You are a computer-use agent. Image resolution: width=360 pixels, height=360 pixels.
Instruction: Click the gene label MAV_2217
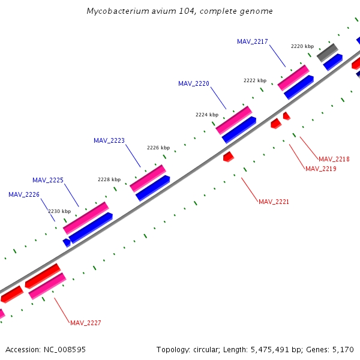(x=252, y=41)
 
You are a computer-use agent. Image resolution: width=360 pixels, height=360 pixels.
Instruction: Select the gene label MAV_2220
(x=193, y=83)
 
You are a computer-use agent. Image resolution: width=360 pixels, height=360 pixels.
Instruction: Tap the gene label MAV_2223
(x=109, y=140)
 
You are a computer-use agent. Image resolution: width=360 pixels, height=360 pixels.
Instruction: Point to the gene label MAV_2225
(x=47, y=180)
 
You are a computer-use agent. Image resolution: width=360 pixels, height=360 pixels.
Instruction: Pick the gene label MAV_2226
(x=23, y=194)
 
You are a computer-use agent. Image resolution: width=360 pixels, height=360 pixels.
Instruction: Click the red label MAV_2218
(x=334, y=159)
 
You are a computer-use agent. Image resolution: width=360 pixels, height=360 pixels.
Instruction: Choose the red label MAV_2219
(x=320, y=169)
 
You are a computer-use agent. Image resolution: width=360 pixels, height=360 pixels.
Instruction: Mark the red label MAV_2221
(x=274, y=202)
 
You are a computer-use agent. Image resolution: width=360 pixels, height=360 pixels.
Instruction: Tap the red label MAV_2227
(x=85, y=323)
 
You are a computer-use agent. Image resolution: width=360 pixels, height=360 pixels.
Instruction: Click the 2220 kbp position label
(x=302, y=46)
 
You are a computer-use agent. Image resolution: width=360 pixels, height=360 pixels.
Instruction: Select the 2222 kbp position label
(x=254, y=80)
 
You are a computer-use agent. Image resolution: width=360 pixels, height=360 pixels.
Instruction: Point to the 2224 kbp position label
(x=206, y=115)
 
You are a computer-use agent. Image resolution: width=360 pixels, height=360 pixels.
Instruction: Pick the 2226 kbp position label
(x=158, y=147)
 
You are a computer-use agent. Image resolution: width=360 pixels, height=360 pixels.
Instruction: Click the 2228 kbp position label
(x=109, y=179)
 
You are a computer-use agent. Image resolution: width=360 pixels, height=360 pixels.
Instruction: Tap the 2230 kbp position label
(x=59, y=211)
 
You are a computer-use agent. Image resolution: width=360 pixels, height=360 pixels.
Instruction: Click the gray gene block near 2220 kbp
(x=327, y=52)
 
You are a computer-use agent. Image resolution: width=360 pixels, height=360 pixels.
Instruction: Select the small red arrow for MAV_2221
(x=228, y=157)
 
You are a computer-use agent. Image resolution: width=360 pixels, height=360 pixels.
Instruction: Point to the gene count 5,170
(x=343, y=349)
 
